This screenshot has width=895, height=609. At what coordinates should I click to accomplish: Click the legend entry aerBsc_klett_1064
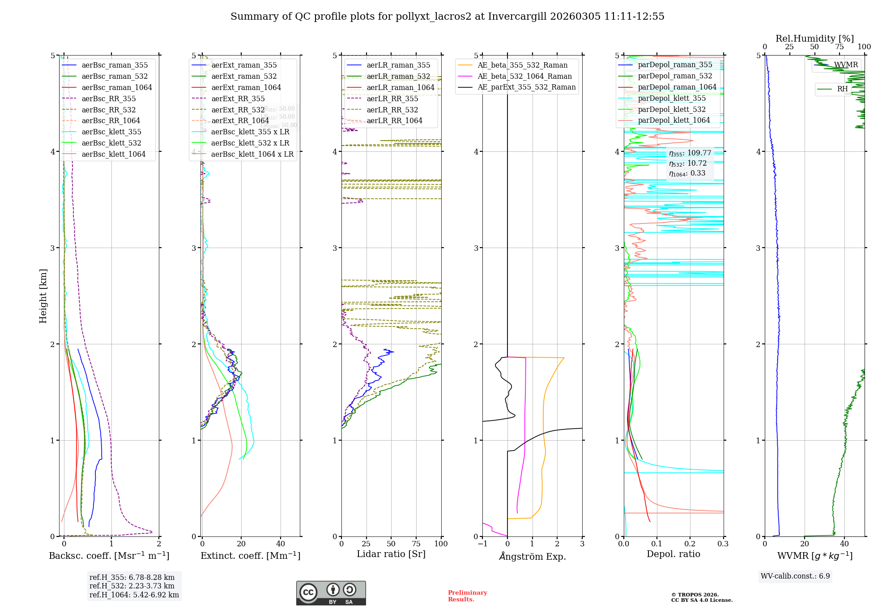click(113, 154)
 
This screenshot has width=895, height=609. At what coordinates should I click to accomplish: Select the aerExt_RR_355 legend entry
click(238, 99)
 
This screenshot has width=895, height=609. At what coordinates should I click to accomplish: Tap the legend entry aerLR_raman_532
click(398, 77)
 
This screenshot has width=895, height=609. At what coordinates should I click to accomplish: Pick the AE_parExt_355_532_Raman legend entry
click(526, 87)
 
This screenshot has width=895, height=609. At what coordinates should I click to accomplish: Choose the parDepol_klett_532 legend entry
click(671, 109)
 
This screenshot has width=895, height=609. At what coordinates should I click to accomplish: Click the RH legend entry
click(842, 89)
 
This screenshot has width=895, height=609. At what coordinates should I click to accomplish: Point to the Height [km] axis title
click(43, 296)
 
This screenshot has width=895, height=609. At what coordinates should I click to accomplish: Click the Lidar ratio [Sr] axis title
click(391, 554)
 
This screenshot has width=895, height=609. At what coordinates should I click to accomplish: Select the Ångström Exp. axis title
click(532, 556)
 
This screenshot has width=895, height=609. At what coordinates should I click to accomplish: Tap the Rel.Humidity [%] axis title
click(814, 39)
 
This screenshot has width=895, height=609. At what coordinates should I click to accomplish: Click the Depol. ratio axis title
click(673, 554)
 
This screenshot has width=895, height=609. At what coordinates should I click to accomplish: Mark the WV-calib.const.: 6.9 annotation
click(795, 576)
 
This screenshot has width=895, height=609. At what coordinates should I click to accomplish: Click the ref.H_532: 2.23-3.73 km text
click(132, 586)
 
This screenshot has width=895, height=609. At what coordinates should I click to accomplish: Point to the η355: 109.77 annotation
click(690, 153)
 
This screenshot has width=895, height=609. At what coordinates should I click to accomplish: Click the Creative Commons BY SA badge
click(331, 593)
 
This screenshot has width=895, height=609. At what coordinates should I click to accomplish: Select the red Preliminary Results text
click(467, 596)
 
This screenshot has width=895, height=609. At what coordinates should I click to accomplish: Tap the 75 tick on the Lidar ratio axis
click(416, 544)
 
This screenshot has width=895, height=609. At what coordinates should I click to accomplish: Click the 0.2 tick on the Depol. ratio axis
click(690, 544)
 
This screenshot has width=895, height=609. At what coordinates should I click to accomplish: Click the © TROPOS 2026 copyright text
click(695, 595)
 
